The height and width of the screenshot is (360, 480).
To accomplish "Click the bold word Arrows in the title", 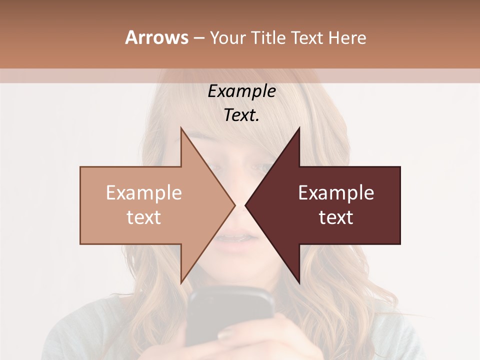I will pyautogui.click(x=156, y=37).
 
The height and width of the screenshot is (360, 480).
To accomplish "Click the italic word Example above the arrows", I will pyautogui.click(x=241, y=91).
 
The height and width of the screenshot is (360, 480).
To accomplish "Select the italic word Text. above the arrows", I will pyautogui.click(x=241, y=115).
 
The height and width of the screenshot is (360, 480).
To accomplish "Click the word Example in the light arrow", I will pyautogui.click(x=143, y=193).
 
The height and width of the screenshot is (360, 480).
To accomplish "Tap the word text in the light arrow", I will pyautogui.click(x=143, y=217).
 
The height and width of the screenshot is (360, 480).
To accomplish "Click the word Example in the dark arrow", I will pyautogui.click(x=336, y=193).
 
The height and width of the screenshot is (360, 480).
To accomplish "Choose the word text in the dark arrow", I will pyautogui.click(x=336, y=217).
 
